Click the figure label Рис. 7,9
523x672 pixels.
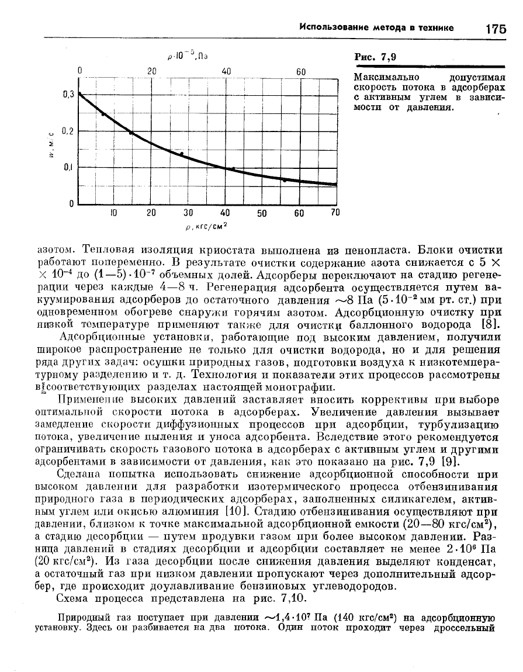(x=376, y=57)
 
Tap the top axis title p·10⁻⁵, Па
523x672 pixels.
(x=184, y=56)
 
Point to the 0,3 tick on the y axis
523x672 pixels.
(x=69, y=94)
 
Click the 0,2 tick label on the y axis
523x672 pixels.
(x=69, y=131)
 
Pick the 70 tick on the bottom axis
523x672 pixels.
(x=335, y=213)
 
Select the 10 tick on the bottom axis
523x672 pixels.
(x=115, y=213)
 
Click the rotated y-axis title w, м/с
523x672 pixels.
(x=53, y=147)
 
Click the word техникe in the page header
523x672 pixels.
(x=434, y=27)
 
